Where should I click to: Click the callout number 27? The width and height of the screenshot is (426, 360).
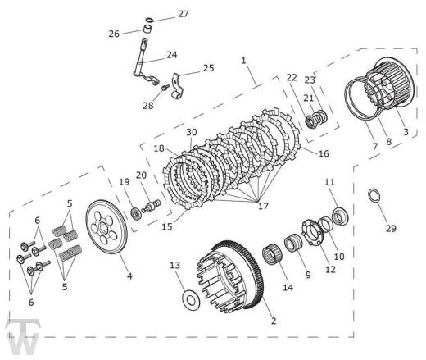[184, 14]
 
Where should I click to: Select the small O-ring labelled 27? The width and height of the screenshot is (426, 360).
[149, 20]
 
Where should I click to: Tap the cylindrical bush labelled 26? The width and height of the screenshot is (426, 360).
[147, 29]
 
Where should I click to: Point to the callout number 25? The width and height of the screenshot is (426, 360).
[208, 68]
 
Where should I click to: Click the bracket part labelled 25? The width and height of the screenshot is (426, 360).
[178, 86]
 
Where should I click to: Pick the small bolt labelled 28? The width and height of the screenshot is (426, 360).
[165, 88]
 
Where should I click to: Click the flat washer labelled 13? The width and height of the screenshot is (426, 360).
[191, 300]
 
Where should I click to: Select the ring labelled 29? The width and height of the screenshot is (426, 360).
[374, 196]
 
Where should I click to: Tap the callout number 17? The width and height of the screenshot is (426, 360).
[263, 206]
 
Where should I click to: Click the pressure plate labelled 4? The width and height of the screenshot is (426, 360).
[106, 227]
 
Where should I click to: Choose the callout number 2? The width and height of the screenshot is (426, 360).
[274, 321]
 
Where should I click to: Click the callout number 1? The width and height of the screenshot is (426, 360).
[244, 61]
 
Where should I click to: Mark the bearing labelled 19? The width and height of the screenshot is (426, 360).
[135, 213]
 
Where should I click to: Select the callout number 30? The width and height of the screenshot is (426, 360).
[192, 132]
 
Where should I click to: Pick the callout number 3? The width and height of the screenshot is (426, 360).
[406, 132]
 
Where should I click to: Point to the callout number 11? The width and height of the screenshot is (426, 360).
[329, 182]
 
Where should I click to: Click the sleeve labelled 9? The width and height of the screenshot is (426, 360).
[293, 243]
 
